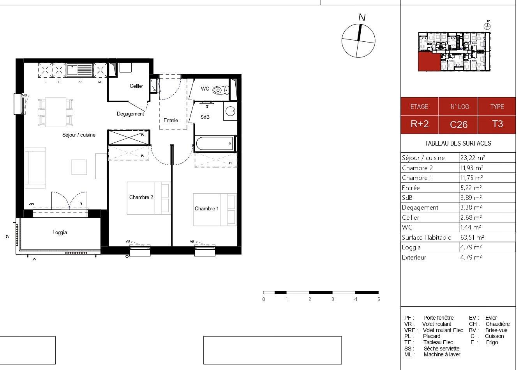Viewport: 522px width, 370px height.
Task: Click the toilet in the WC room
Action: click(x=220, y=90)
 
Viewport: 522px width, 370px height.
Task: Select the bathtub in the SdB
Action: click(x=215, y=144)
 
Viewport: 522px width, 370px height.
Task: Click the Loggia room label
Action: click(x=60, y=233)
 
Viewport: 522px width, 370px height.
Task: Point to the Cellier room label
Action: click(x=136, y=86)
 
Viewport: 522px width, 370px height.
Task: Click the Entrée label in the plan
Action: click(x=171, y=121)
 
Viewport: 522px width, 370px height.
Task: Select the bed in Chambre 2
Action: click(x=148, y=197)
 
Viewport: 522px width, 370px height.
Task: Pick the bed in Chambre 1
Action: click(x=215, y=209)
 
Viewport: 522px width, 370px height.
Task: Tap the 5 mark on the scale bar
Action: click(x=378, y=299)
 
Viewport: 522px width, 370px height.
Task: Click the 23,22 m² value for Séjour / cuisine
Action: click(x=473, y=158)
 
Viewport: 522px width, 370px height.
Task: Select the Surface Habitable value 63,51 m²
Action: click(x=472, y=237)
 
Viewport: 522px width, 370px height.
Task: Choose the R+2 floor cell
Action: click(x=420, y=124)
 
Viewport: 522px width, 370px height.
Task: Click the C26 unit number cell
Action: click(x=459, y=125)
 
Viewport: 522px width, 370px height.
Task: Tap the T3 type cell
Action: click(x=497, y=124)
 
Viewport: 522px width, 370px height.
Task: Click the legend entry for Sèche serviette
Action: click(x=432, y=349)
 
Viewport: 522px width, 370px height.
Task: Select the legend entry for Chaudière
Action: click(x=489, y=324)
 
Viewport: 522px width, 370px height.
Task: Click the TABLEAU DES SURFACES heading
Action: click(x=458, y=143)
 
